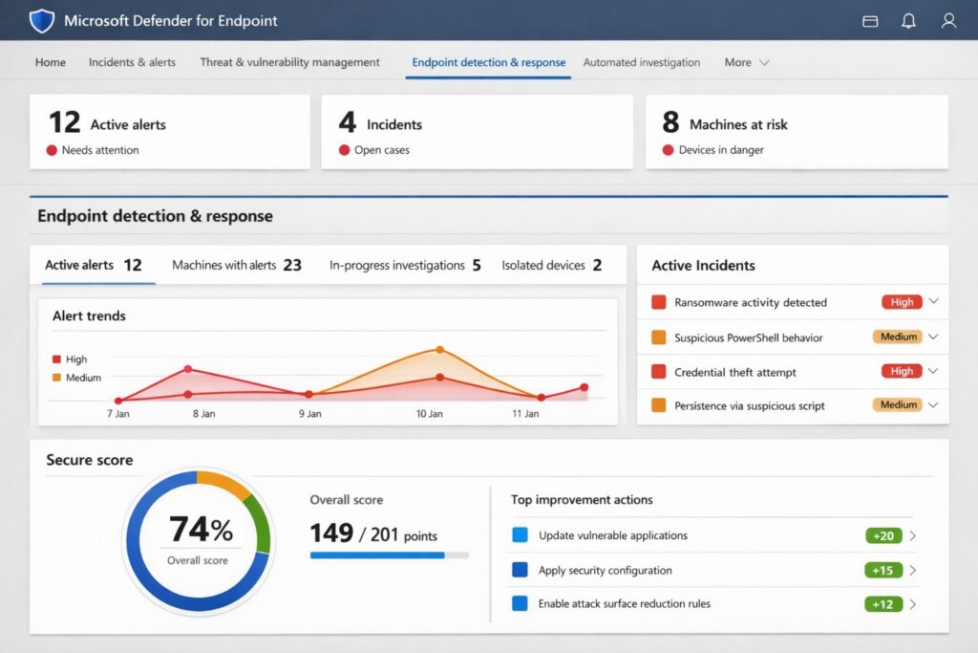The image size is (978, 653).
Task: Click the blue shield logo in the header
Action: (42, 20)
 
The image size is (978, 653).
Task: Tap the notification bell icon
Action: (908, 20)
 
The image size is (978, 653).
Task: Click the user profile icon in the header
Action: (948, 20)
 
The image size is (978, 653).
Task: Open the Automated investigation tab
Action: (641, 62)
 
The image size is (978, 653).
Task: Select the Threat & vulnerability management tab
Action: (289, 62)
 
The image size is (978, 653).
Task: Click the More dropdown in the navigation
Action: (746, 62)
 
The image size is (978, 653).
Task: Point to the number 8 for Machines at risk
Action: (670, 122)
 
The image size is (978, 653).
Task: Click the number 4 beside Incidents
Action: (347, 122)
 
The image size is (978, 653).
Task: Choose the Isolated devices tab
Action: (551, 265)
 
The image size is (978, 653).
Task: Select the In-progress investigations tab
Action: (405, 265)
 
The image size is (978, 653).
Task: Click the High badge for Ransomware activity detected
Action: (902, 302)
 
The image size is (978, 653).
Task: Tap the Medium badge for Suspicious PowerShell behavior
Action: (898, 337)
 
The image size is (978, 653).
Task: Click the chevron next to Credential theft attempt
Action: (933, 371)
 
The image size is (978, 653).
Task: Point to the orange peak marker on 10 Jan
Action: (439, 350)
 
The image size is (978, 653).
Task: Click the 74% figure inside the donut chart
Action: (201, 530)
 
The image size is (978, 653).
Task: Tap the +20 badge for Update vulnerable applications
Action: (883, 535)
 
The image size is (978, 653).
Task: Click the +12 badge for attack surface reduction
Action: (883, 604)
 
